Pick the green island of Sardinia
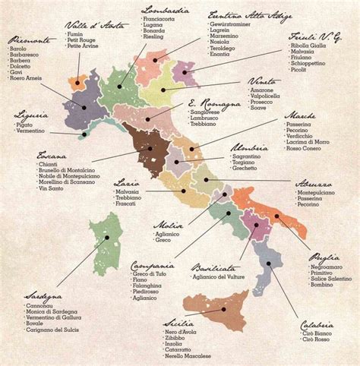[x=106, y=243]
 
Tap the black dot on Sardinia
[x=107, y=238]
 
